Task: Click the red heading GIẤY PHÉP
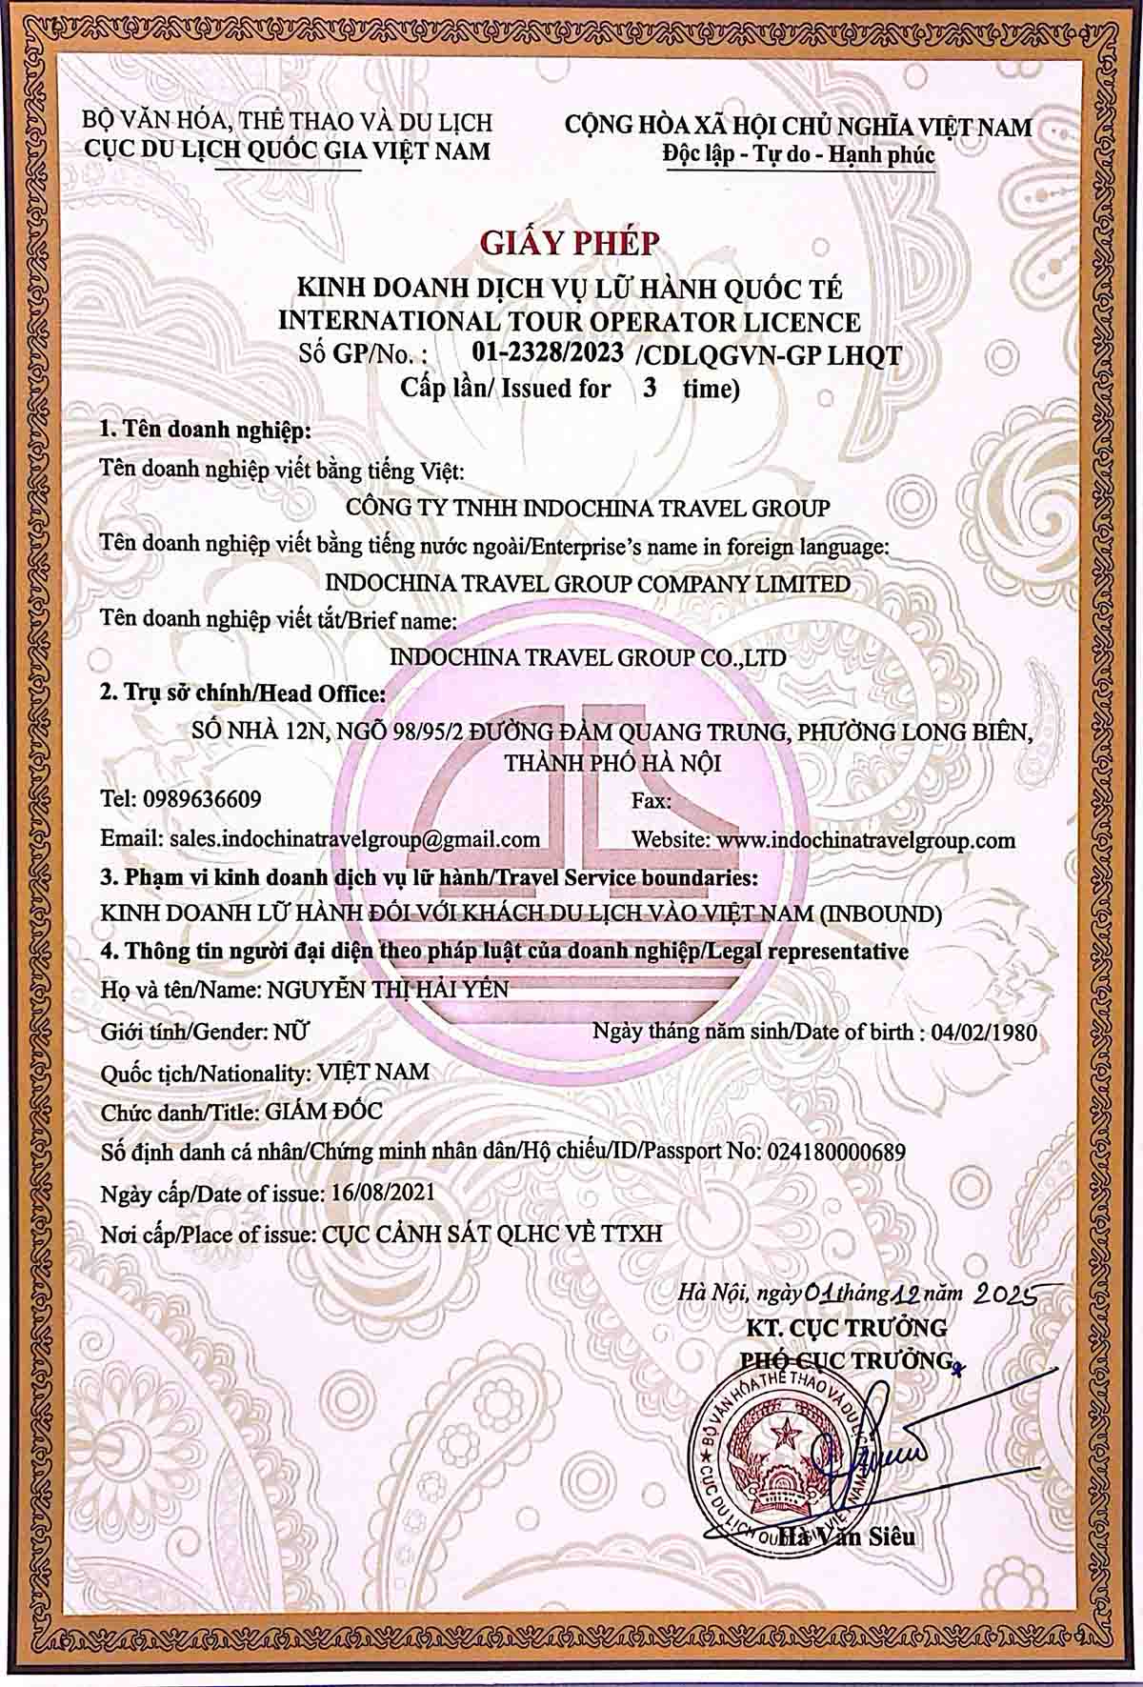(570, 244)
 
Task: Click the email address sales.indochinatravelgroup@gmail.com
(354, 840)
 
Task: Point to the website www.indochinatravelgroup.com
(865, 840)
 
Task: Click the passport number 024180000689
(833, 1152)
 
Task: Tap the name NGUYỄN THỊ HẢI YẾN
(388, 991)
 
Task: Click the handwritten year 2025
(1003, 1293)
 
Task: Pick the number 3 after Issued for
(649, 389)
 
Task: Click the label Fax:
(652, 801)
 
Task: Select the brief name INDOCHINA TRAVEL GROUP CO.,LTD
(588, 657)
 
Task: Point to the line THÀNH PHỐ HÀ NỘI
(612, 763)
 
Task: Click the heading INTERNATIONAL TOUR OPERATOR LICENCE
(569, 321)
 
